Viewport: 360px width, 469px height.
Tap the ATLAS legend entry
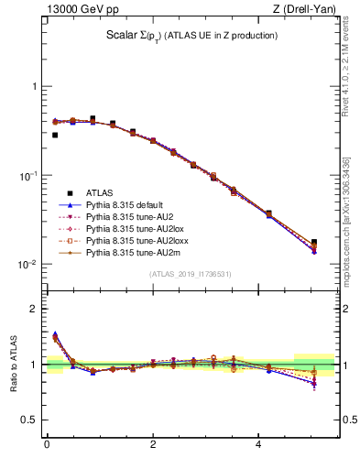pos(100,193)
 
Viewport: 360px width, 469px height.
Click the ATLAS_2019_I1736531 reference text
pos(191,274)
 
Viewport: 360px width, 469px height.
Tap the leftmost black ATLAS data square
pos(55,135)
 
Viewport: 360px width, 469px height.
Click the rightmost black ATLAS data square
pos(314,242)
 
